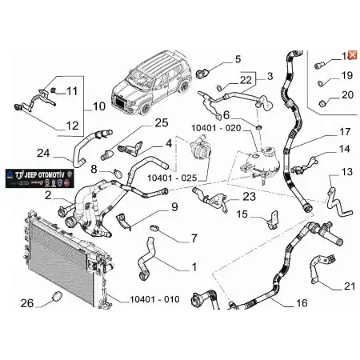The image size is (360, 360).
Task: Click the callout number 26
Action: (26, 303)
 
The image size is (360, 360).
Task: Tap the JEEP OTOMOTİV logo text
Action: (38, 174)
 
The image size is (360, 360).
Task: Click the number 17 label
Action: (345, 132)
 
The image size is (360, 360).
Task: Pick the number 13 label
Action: (346, 172)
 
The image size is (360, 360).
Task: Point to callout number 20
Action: (346, 95)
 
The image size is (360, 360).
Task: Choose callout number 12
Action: (72, 125)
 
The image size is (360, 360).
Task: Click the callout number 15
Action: (240, 214)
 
